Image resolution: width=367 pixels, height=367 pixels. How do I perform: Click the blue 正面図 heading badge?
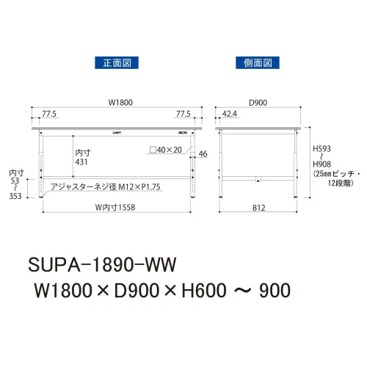pyautogui.click(x=117, y=63)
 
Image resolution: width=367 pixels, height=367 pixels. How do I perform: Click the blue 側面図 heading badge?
pyautogui.click(x=258, y=63)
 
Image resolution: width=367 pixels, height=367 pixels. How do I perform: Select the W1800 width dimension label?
pyautogui.click(x=120, y=103)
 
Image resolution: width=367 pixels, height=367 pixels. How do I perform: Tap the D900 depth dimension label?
pyautogui.click(x=258, y=103)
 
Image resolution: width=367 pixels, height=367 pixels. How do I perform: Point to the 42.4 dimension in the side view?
pyautogui.click(x=230, y=114)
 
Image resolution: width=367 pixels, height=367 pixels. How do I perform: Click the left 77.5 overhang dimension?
pyautogui.click(x=49, y=114)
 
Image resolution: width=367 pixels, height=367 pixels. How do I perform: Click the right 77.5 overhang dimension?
pyautogui.click(x=183, y=114)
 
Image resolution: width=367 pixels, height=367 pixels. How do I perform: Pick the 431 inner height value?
pyautogui.click(x=81, y=162)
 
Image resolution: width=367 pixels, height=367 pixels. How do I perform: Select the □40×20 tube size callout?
pyautogui.click(x=166, y=150)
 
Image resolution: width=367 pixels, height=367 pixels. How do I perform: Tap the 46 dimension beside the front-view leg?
pyautogui.click(x=203, y=153)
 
